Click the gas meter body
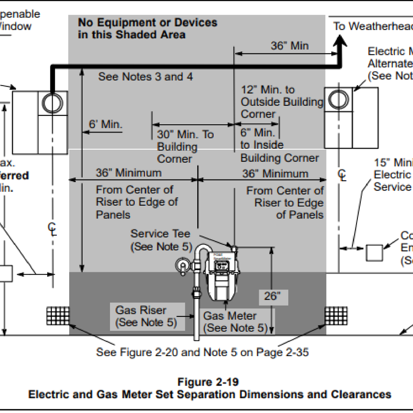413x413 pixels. click(220, 274)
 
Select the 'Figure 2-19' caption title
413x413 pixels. click(208, 382)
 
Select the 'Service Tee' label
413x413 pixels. click(161, 233)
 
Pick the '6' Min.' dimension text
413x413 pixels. click(105, 125)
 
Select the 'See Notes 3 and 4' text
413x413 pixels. click(145, 77)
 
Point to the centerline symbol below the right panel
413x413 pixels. click(342, 175)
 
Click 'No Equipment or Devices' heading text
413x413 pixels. click(147, 22)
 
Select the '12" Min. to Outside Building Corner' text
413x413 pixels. click(282, 102)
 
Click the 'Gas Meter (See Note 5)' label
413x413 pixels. click(235, 322)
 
